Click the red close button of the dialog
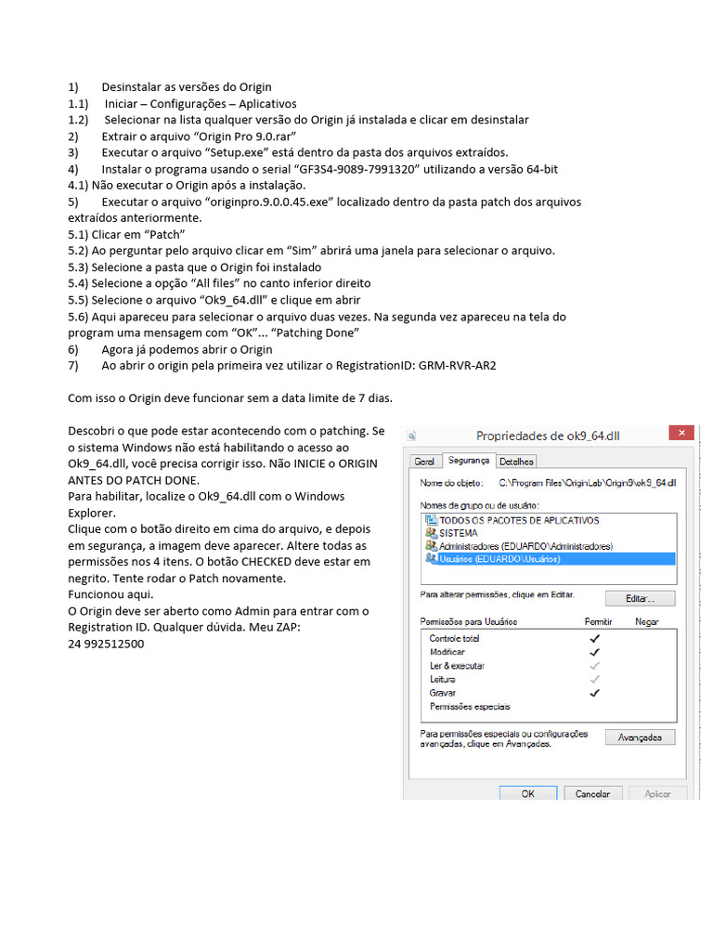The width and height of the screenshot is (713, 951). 682,434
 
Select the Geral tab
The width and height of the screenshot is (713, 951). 424,461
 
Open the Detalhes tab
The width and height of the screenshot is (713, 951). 516,461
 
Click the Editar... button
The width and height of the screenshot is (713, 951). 640,598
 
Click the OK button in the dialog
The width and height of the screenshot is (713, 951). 527,794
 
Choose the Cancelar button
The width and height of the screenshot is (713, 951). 592,794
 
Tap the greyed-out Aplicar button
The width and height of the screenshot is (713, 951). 657,794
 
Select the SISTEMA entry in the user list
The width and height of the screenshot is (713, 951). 458,533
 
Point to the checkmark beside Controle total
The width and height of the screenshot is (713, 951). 595,638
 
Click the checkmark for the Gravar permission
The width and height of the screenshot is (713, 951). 595,692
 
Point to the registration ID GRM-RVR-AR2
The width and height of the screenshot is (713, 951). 458,366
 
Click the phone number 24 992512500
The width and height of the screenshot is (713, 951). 106,644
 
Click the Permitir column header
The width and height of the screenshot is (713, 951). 598,620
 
